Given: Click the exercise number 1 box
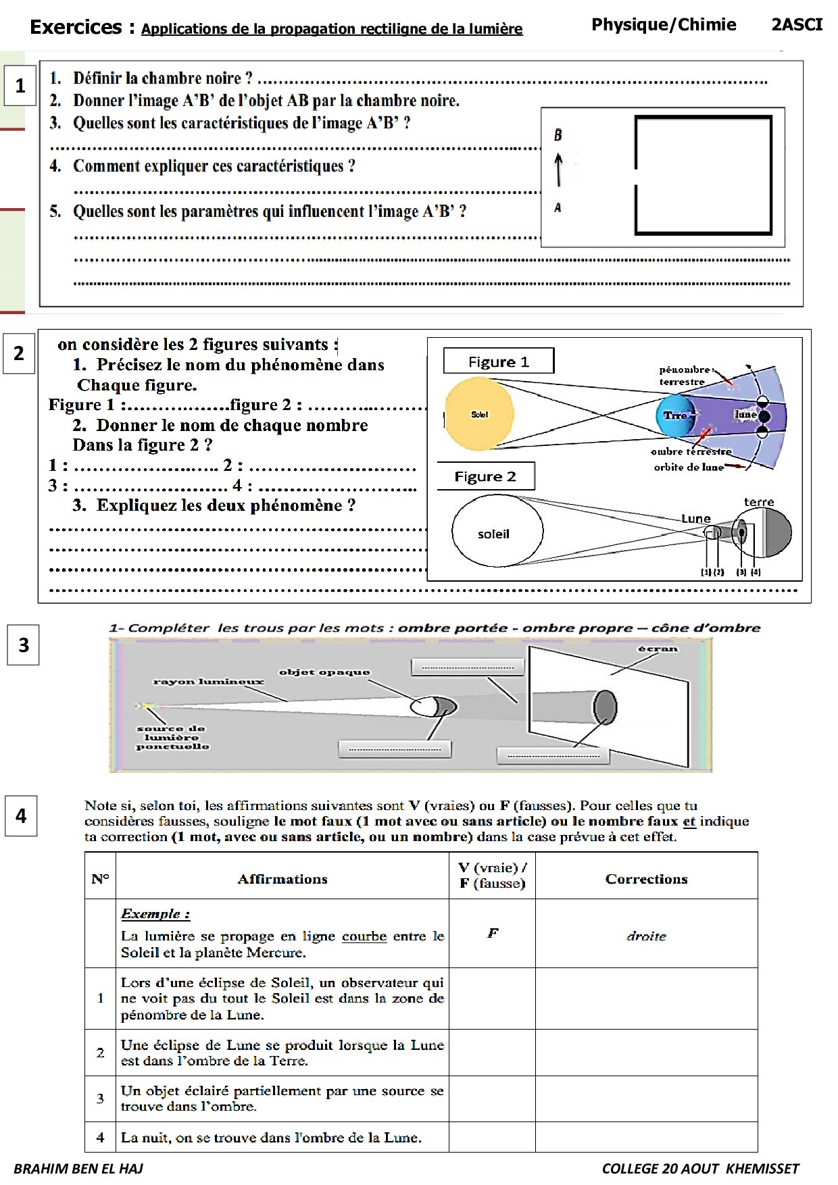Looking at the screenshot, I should (x=20, y=86).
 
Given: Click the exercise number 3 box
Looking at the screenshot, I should (x=23, y=645).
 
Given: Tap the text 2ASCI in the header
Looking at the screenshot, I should (x=797, y=25).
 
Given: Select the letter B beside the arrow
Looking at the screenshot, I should (x=558, y=135).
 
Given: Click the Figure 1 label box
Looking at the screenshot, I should (x=498, y=361).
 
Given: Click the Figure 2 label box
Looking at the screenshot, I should (x=485, y=476).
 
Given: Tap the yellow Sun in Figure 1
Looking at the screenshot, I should (x=479, y=414).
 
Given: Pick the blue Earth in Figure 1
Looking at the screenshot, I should (x=674, y=415).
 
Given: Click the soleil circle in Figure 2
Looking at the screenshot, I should (x=497, y=531).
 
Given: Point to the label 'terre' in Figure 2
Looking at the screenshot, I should (x=758, y=502).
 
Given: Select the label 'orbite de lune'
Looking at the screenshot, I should (x=688, y=467).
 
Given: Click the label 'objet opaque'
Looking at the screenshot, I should (x=324, y=672).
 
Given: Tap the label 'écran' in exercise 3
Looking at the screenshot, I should (x=658, y=649).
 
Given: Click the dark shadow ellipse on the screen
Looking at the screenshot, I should (x=605, y=707).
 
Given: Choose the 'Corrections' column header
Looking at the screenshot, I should (x=646, y=879).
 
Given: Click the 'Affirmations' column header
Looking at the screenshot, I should (x=282, y=879).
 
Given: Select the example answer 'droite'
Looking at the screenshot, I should (x=646, y=936).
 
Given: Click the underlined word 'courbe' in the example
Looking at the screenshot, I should (x=364, y=936).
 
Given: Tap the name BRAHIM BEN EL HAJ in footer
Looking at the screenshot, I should (x=78, y=1169).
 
